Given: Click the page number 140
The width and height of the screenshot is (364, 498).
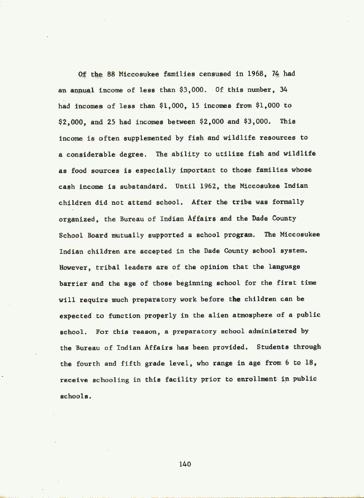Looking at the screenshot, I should [x=185, y=464].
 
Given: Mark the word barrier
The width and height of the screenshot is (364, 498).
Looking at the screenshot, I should [x=72, y=283].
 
